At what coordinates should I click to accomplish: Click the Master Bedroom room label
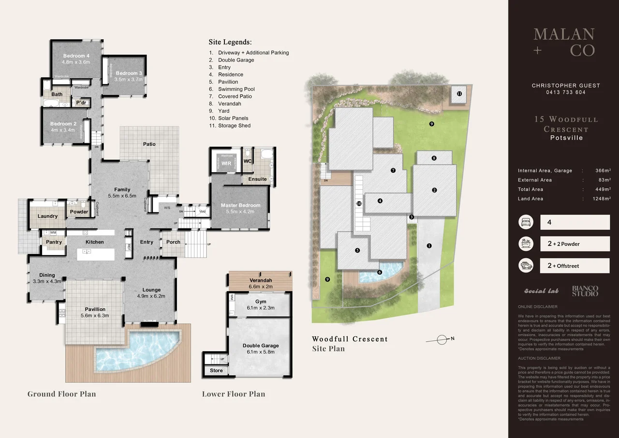240,205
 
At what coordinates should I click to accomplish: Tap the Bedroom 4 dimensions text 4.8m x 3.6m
76,62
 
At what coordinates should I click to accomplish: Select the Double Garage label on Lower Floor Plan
260,346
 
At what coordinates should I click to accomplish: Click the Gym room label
261,302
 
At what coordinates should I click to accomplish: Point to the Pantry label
54,242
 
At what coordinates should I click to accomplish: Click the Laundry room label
47,216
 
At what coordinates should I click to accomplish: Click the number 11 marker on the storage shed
459,93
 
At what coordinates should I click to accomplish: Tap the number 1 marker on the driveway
429,245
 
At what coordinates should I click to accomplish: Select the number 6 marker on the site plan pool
380,272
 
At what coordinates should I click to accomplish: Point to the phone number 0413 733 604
566,92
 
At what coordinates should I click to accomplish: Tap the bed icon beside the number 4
526,223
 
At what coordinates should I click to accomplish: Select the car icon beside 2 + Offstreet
526,266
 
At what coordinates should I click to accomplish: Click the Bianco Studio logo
585,291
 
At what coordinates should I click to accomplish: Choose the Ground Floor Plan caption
61,394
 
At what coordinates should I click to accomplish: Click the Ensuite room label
257,179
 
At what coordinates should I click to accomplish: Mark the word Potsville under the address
566,138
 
